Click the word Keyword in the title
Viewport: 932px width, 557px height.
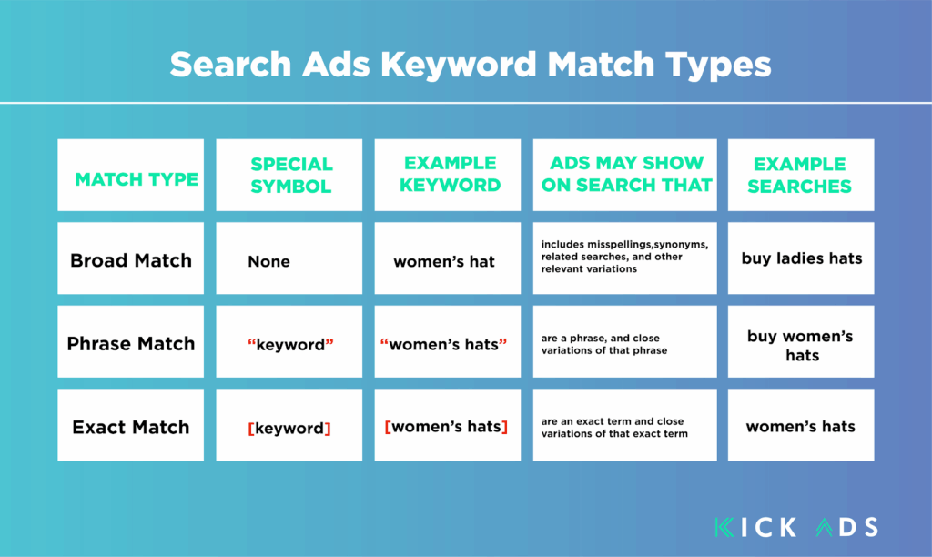tap(459, 65)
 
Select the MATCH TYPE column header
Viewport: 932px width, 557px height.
tap(131, 175)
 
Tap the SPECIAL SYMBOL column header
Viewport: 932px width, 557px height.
tap(289, 175)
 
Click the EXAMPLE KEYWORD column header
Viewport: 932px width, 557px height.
tap(448, 175)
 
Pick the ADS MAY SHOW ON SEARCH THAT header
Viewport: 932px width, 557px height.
tap(624, 175)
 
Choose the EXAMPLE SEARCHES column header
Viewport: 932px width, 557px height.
tap(801, 175)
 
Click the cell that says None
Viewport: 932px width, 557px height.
tap(289, 258)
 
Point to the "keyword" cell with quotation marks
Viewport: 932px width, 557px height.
tap(289, 342)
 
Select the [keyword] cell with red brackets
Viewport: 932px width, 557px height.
tap(289, 425)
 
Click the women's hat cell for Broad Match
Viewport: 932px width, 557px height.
tap(448, 258)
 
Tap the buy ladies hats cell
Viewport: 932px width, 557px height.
tap(801, 258)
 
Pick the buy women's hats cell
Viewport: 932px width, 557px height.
tap(801, 342)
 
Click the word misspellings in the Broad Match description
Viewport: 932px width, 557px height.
tap(619, 245)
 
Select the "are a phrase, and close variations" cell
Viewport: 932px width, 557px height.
tap(624, 342)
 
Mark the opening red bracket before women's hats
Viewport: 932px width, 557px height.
tap(388, 427)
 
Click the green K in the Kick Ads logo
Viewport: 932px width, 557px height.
tap(724, 527)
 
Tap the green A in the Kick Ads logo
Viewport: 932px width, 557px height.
tap(825, 527)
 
